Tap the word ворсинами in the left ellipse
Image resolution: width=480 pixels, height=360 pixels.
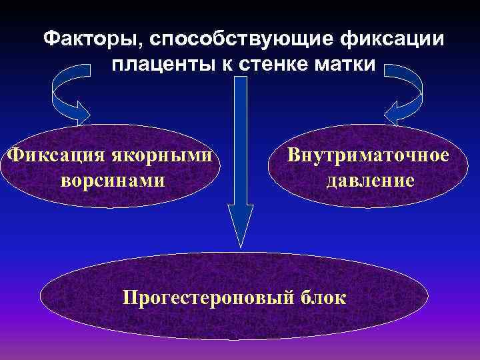(113, 181)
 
